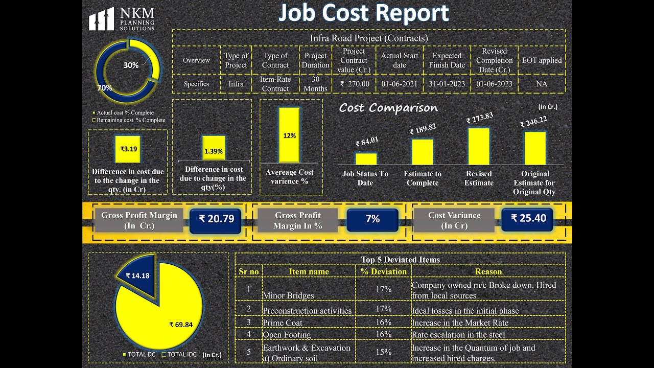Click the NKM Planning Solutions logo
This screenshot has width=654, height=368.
pos(122,19)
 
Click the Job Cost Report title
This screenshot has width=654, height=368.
pos(363,13)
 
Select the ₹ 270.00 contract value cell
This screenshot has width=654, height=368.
pos(354,84)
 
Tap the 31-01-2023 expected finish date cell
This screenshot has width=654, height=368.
pos(447,84)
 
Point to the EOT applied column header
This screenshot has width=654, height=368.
pos(542,60)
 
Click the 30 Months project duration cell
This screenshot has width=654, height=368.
pos(315,84)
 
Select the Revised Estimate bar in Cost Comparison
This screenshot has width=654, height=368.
pos(479,146)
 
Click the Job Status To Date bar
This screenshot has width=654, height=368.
pos(366,158)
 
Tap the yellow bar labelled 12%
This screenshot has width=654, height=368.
pos(289,135)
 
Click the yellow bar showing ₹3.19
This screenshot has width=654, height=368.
pos(128,149)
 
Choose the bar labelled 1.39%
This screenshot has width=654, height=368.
pos(214,148)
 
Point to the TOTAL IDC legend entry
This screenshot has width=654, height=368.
pos(179,355)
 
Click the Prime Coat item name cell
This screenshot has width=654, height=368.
pos(283,323)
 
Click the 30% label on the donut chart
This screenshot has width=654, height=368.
pos(131,65)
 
